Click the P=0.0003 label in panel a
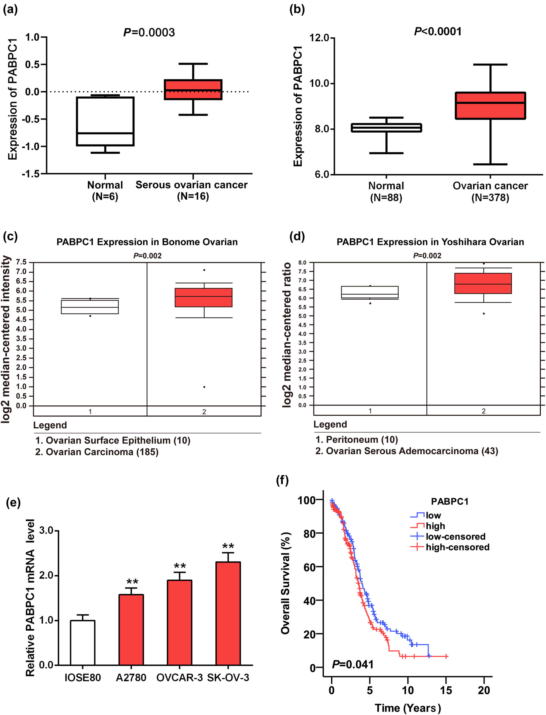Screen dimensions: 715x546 tap(149, 32)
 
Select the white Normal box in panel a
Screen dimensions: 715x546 tap(105, 121)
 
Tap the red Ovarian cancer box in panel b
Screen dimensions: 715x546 tap(490, 105)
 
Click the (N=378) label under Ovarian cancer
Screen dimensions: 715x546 tap(490, 198)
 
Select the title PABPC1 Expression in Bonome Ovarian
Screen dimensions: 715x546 tap(147, 242)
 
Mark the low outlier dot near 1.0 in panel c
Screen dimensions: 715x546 tap(204, 387)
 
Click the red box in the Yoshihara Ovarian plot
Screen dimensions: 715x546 tap(483, 283)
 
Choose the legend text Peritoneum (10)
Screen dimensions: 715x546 tap(362, 439)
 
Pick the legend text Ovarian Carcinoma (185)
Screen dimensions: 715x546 tap(102, 452)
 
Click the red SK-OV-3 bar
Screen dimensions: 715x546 tap(228, 613)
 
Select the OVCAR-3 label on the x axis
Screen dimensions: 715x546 tap(180, 678)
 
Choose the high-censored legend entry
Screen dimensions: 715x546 tap(457, 547)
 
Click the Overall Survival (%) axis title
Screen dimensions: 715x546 tap(285, 583)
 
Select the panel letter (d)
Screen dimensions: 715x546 tap(297, 236)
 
